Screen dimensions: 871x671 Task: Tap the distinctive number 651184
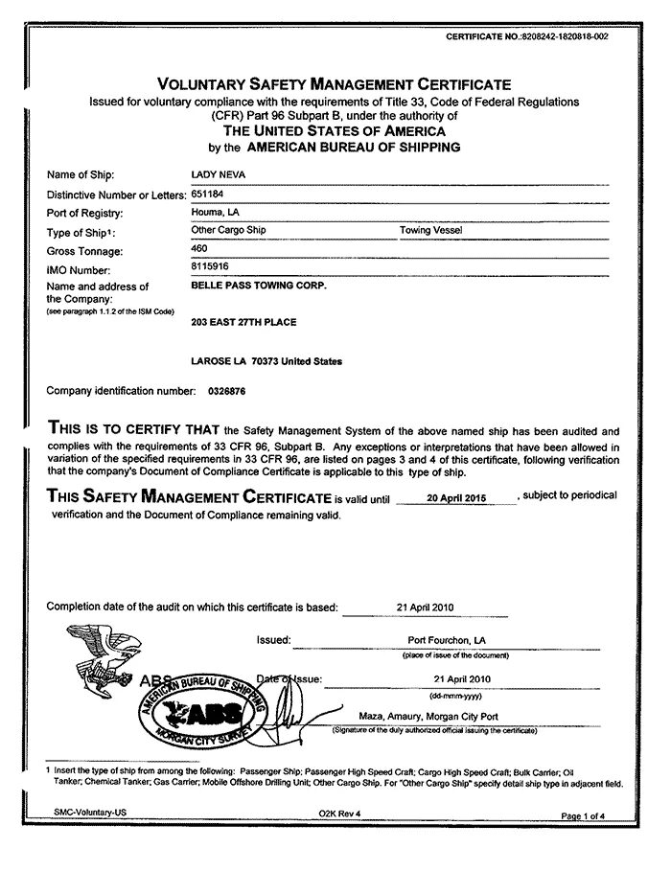click(x=207, y=194)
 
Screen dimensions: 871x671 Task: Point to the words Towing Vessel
click(x=429, y=230)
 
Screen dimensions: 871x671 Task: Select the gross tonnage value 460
click(x=200, y=248)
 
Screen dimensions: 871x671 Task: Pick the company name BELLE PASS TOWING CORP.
click(x=259, y=286)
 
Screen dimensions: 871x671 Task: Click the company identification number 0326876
click(x=226, y=391)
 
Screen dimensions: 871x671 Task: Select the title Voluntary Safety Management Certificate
click(x=335, y=84)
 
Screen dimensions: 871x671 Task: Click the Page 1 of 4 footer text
click(x=584, y=814)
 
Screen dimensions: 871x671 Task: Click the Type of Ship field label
click(x=81, y=231)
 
